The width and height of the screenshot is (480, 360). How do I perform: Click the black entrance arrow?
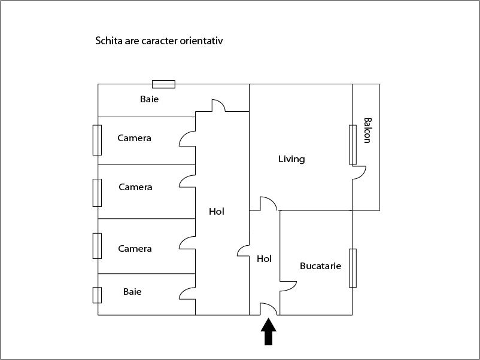click(x=269, y=332)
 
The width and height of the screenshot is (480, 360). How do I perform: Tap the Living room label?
click(x=291, y=159)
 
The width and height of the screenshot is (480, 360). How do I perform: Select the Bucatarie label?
click(x=321, y=266)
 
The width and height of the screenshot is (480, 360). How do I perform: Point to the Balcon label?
click(x=367, y=130)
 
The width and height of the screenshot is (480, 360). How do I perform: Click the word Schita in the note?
click(x=109, y=41)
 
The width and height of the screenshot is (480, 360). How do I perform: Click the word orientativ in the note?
click(x=201, y=41)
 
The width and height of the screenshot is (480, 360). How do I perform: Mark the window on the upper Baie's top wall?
click(x=164, y=84)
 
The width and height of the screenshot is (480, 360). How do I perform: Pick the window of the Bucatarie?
click(x=353, y=269)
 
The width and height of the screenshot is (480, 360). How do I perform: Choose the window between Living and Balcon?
click(x=353, y=145)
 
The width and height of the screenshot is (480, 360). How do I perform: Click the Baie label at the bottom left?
click(x=132, y=291)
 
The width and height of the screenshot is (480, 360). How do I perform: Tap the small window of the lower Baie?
click(x=97, y=295)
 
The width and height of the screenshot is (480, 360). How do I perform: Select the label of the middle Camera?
click(x=135, y=187)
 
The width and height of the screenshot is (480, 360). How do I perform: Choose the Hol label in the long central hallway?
click(x=217, y=211)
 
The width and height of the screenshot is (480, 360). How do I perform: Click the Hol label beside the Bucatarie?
click(x=264, y=259)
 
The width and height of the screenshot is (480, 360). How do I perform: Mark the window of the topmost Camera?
click(x=97, y=140)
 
